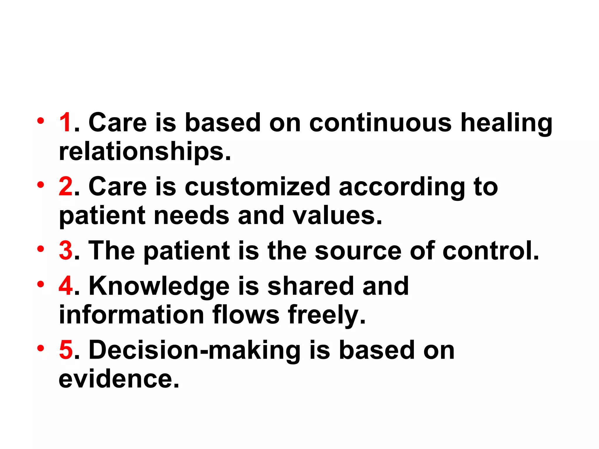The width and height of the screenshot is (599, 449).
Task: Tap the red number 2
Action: coord(66,186)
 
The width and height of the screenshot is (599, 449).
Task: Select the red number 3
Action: coord(66,251)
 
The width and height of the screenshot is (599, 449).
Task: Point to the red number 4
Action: coord(66,286)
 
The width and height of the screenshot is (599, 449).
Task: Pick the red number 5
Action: coord(66,350)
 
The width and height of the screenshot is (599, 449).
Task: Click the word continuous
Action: coord(381,122)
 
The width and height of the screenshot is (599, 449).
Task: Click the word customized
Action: coord(257,186)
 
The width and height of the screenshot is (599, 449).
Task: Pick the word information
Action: coord(131,315)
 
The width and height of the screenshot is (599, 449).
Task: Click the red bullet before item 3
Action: coord(41,249)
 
